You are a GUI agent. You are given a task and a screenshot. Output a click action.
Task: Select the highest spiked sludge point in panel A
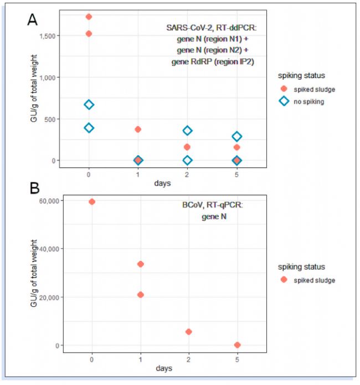(x=89, y=17)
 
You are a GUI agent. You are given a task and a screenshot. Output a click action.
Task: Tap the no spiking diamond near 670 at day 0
(x=89, y=105)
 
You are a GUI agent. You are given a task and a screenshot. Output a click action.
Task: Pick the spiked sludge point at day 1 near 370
(x=138, y=129)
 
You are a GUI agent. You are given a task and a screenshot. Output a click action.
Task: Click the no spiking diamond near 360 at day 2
(x=187, y=131)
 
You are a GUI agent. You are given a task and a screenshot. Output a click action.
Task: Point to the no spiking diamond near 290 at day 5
(x=237, y=136)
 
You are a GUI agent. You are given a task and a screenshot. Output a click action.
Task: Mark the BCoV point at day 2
(x=188, y=332)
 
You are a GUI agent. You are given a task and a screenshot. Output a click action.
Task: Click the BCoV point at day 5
(x=238, y=345)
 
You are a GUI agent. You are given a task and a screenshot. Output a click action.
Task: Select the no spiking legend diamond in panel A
(x=284, y=102)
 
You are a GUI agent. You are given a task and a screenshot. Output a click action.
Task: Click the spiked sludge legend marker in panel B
(x=284, y=280)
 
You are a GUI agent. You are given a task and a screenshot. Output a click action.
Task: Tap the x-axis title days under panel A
(x=163, y=182)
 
